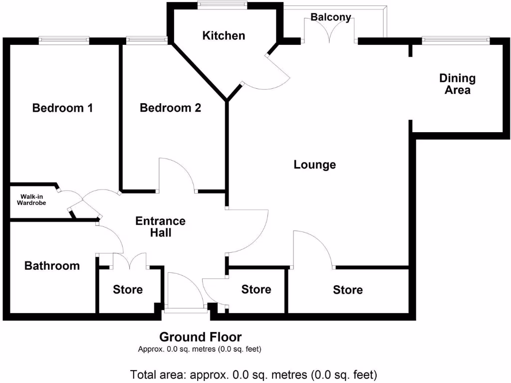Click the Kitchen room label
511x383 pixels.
click(224, 36)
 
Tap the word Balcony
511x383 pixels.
click(330, 17)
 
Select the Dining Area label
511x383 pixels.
click(457, 84)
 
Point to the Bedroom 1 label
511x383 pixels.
click(62, 108)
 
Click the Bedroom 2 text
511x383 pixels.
click(170, 108)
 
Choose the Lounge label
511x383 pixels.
click(315, 165)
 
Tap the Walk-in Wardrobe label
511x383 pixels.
click(31, 199)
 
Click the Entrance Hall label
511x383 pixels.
click(161, 226)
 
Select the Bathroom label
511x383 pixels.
click(52, 266)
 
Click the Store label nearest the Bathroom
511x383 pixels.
click(128, 290)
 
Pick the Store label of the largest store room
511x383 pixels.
click(348, 290)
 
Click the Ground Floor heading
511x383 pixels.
click(200, 337)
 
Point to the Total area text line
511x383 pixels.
click(254, 374)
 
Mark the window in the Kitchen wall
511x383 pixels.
click(222, 5)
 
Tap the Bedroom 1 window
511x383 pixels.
click(64, 41)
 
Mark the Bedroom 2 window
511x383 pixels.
click(147, 41)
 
